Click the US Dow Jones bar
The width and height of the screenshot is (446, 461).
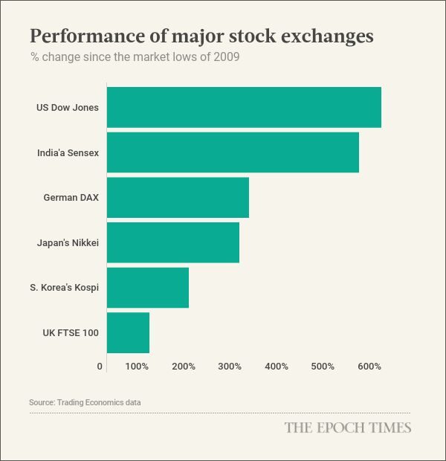(244, 107)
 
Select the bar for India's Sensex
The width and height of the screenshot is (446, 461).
(233, 152)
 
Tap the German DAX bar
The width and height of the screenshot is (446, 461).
(178, 197)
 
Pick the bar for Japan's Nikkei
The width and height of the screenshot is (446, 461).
(173, 242)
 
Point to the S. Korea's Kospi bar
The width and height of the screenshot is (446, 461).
(148, 287)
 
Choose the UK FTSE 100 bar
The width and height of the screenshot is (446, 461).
(128, 332)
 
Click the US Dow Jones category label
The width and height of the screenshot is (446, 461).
(68, 108)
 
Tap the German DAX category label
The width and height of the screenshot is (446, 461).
(71, 198)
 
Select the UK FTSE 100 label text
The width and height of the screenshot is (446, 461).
(71, 332)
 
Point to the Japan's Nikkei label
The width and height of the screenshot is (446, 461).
(68, 243)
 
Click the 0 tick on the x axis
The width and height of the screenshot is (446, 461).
(100, 367)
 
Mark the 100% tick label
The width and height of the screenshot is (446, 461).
(137, 367)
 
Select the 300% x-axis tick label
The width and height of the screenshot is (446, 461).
(230, 367)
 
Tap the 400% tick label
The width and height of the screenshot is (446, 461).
(277, 367)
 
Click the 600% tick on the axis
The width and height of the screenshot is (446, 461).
(369, 367)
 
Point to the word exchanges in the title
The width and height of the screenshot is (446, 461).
(326, 36)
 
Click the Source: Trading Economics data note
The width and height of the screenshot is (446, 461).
(85, 402)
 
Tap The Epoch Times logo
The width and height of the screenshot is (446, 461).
(347, 428)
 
